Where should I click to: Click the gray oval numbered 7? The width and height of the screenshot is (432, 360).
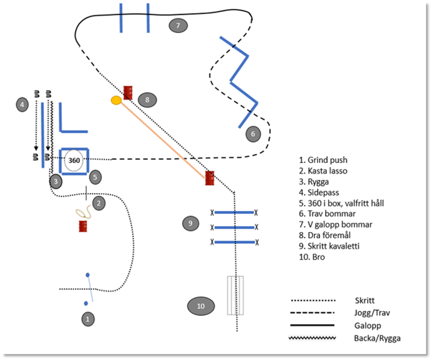[178, 25]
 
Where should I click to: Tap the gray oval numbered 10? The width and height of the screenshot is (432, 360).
[201, 306]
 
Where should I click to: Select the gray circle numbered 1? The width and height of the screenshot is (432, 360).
[87, 319]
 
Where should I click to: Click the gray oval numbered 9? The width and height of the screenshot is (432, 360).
[190, 223]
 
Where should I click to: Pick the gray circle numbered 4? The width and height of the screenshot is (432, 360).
[22, 104]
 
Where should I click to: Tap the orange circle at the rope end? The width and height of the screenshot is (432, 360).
[116, 100]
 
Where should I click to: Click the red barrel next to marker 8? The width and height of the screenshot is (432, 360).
[128, 92]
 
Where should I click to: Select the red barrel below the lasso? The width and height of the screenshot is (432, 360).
[83, 226]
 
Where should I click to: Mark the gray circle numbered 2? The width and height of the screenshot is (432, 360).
[98, 203]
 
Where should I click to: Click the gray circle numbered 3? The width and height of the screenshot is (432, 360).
[55, 181]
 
